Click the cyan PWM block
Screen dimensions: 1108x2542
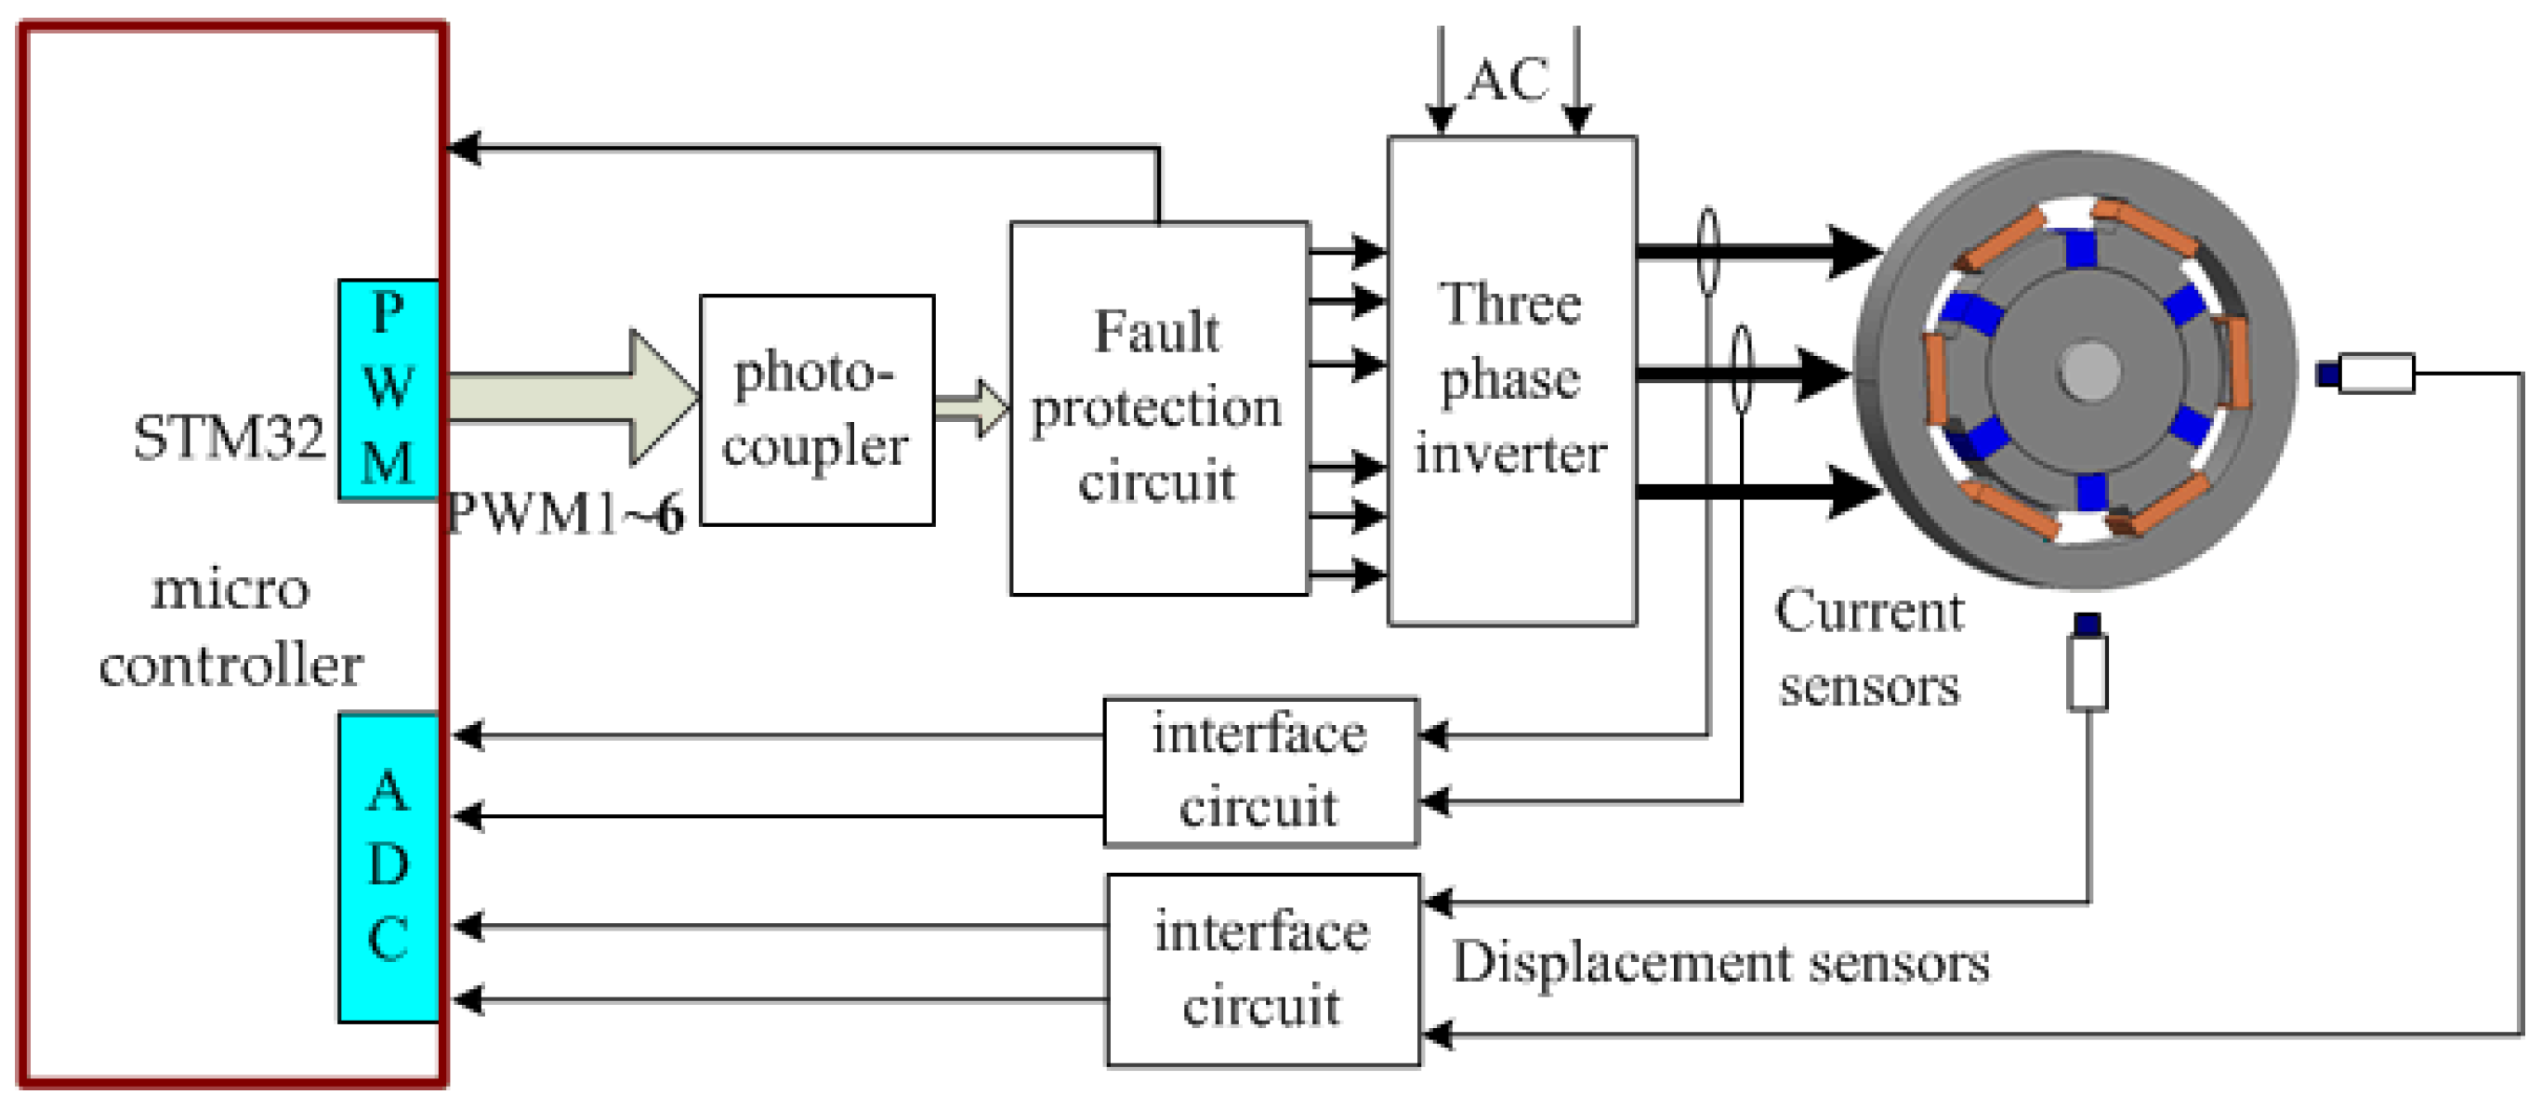coord(388,389)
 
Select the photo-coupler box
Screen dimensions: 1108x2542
coord(816,409)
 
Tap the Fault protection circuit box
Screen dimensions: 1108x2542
coord(1157,407)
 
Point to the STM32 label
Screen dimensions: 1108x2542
coord(229,437)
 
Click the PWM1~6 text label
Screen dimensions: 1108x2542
coord(565,514)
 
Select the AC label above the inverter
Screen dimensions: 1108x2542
coord(1507,80)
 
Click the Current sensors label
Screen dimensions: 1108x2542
coord(1868,647)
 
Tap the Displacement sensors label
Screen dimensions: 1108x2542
coord(1720,962)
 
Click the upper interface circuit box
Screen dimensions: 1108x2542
coord(1260,771)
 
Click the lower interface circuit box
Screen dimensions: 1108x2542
coord(1262,969)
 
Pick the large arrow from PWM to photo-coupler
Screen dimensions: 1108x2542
coord(573,398)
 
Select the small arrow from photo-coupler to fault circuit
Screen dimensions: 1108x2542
coord(972,406)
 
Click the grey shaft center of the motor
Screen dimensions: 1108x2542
coord(2088,371)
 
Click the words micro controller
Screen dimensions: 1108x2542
coord(230,627)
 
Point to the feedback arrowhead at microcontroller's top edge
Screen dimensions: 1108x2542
coord(464,148)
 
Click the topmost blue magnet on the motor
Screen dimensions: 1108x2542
coord(2080,247)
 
